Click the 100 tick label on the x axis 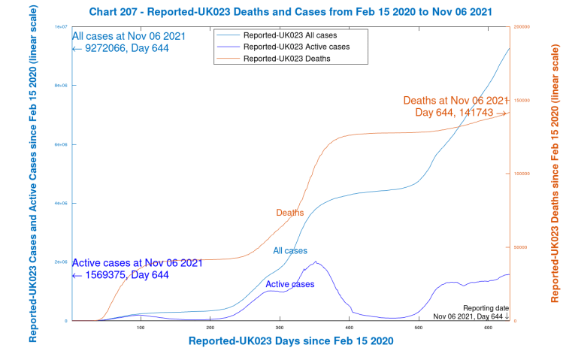click(141, 328)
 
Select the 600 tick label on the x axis click(488, 328)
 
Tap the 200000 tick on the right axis click(520, 26)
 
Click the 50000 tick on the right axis click(519, 247)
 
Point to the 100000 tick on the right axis click(520, 174)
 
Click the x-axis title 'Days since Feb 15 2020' click(291, 341)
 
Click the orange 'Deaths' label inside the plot click(289, 213)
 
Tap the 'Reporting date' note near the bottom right click(486, 308)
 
